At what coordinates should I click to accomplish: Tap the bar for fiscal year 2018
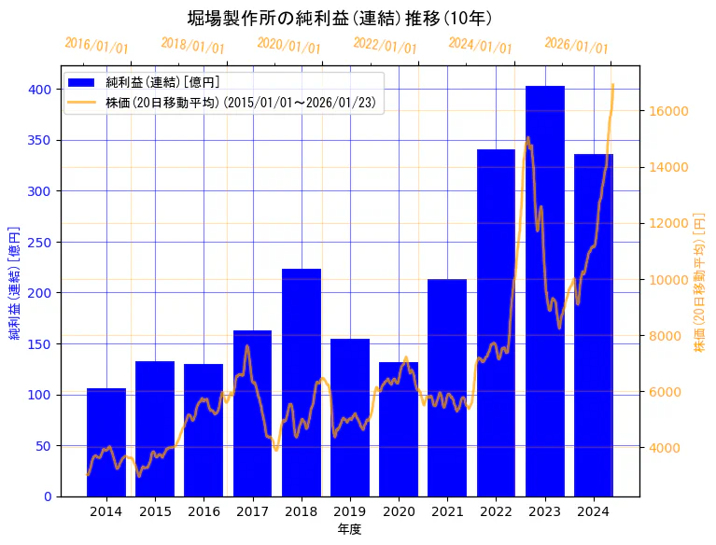[x=302, y=383]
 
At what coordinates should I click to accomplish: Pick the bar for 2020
[x=399, y=429]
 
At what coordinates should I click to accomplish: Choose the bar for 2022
[x=496, y=323]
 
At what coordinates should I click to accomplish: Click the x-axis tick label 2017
[x=252, y=511]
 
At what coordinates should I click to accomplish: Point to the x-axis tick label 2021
[x=447, y=511]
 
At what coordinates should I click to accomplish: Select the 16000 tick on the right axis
[x=668, y=111]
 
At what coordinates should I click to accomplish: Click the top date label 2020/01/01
[x=288, y=45]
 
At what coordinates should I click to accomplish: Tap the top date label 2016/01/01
[x=96, y=45]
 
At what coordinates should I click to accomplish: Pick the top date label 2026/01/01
[x=576, y=45]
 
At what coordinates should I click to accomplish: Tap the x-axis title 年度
[x=350, y=529]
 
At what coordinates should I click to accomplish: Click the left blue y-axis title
[x=15, y=281]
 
